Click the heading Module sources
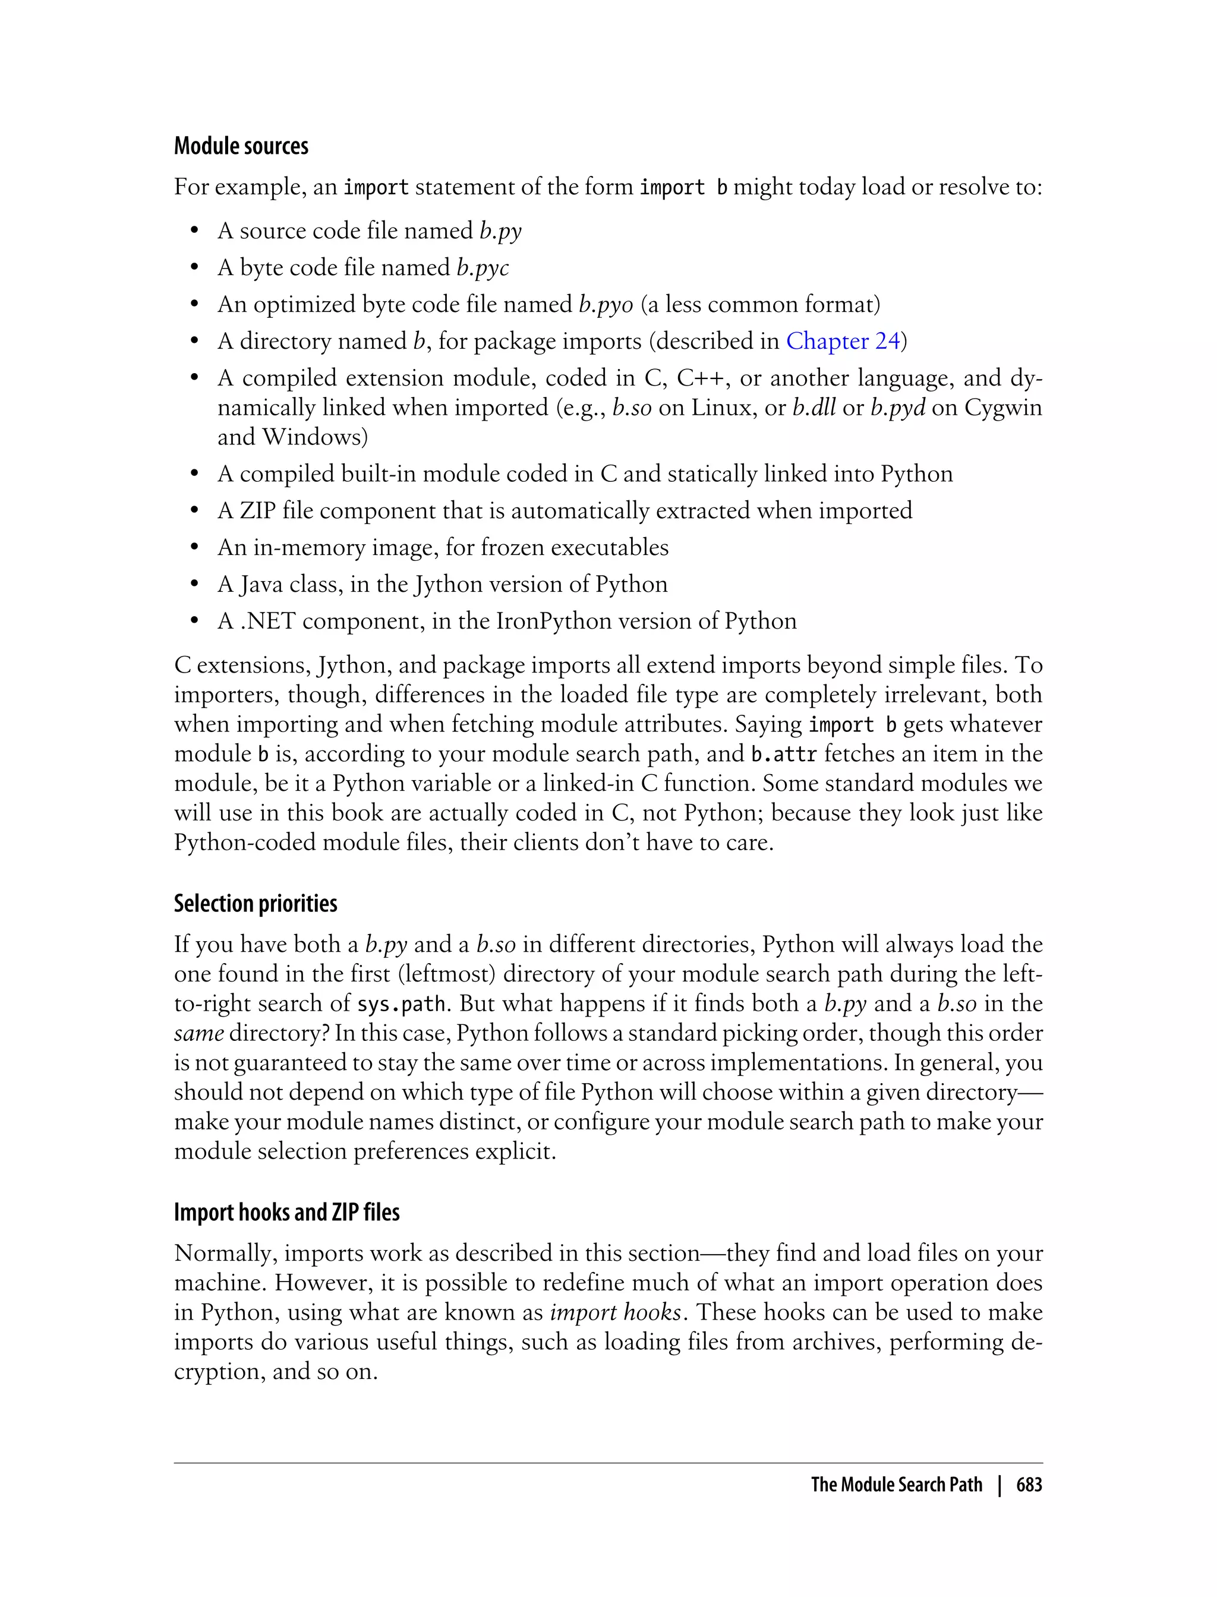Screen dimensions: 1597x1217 241,146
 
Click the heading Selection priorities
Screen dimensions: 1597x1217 255,903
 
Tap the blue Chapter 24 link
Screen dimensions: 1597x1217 843,340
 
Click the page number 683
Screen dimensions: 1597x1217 1029,1484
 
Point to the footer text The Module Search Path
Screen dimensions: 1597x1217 896,1484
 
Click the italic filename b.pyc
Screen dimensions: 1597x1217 483,267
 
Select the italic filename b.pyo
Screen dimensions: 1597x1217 606,304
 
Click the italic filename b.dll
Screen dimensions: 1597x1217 814,407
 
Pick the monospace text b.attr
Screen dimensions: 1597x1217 784,754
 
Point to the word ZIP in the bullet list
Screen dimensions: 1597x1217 258,510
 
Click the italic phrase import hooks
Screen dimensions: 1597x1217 615,1312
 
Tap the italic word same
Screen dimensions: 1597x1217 198,1033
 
